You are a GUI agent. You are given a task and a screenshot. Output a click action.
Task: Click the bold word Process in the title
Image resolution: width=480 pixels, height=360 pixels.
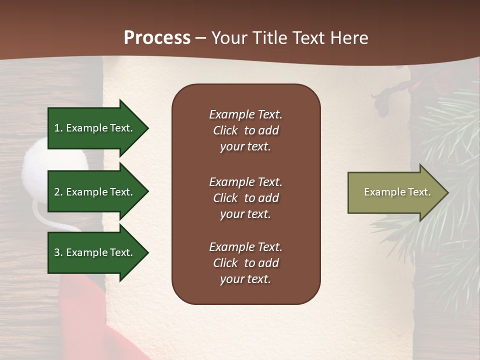pyautogui.click(x=157, y=38)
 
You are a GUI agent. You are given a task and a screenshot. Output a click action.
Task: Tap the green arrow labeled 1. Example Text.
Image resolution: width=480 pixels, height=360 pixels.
pyautogui.click(x=95, y=128)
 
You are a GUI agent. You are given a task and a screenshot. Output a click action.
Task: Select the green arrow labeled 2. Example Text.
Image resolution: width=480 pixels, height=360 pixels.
pyautogui.click(x=95, y=192)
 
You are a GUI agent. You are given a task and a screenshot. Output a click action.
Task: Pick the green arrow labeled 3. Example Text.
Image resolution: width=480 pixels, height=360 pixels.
pyautogui.click(x=95, y=252)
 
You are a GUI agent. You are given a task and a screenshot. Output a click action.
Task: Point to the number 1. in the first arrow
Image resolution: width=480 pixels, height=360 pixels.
pyautogui.click(x=58, y=128)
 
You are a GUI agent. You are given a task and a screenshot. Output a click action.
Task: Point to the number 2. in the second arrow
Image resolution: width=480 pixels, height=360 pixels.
pyautogui.click(x=58, y=192)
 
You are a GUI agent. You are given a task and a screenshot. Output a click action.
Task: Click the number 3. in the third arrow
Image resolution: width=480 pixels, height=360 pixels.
pyautogui.click(x=58, y=252)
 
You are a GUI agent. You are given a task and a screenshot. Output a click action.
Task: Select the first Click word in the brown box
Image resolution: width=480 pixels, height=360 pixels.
pyautogui.click(x=225, y=130)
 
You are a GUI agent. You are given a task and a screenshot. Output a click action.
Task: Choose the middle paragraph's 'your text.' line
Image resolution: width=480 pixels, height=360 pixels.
pyautogui.click(x=245, y=214)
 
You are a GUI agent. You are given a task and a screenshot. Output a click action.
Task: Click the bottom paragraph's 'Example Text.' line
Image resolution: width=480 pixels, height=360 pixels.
pyautogui.click(x=245, y=247)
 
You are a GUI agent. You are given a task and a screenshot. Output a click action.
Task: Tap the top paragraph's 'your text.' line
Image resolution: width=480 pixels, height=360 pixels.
pyautogui.click(x=245, y=147)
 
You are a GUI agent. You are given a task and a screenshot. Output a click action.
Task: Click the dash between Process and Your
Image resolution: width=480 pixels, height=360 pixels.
pyautogui.click(x=201, y=38)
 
